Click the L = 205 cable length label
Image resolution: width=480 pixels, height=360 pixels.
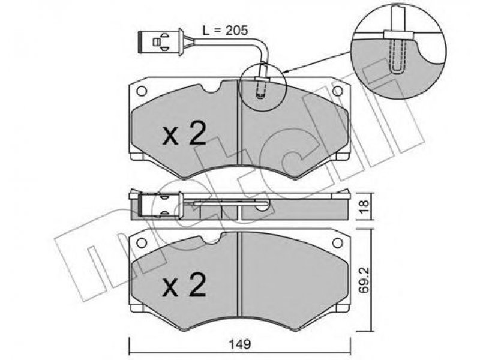coord(224,31)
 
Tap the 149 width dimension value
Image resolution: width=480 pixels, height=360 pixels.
coord(240,344)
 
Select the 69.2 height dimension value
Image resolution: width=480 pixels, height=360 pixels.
coord(364,280)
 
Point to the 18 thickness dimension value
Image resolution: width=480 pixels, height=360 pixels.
coord(364,206)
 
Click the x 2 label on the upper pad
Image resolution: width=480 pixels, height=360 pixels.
coord(184,134)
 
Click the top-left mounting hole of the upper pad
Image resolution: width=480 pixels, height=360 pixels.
coord(142,91)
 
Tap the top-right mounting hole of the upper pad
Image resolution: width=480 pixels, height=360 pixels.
coord(338,91)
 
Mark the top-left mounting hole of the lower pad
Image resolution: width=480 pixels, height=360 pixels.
coord(142,243)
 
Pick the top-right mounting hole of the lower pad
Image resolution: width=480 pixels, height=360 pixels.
coord(338,243)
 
